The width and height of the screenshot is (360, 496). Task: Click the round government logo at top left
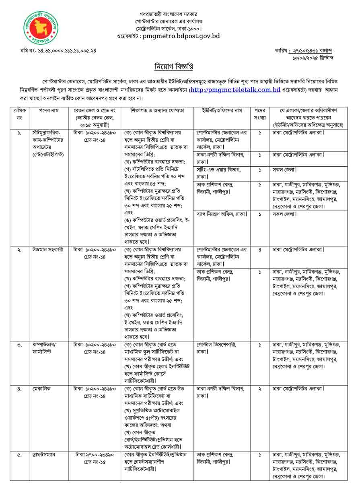(x=40, y=28)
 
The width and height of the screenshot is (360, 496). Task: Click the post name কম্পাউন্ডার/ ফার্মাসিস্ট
(x=46, y=348)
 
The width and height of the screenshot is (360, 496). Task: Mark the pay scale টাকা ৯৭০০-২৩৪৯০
(x=95, y=455)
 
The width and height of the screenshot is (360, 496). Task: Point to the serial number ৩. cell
(x=19, y=345)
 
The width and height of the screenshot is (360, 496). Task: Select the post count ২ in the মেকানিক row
(x=260, y=389)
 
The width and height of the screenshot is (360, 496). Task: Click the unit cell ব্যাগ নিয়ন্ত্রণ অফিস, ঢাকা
(x=222, y=214)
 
